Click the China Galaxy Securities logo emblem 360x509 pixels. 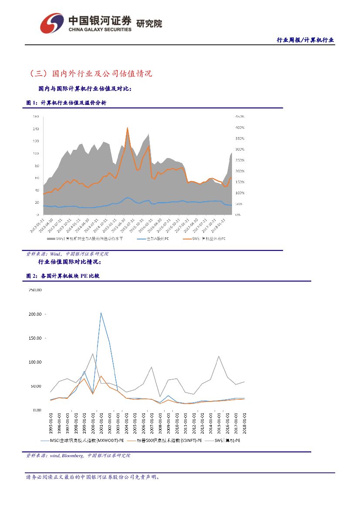(x=51, y=23)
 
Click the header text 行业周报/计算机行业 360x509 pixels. (x=305, y=40)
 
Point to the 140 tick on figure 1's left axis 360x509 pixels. (x=35, y=129)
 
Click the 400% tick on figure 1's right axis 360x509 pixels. (x=239, y=128)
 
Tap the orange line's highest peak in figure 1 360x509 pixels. (x=127, y=128)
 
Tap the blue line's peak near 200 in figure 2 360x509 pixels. (x=101, y=312)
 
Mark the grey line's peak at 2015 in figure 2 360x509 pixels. (x=219, y=356)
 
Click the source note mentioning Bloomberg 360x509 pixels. (x=78, y=456)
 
